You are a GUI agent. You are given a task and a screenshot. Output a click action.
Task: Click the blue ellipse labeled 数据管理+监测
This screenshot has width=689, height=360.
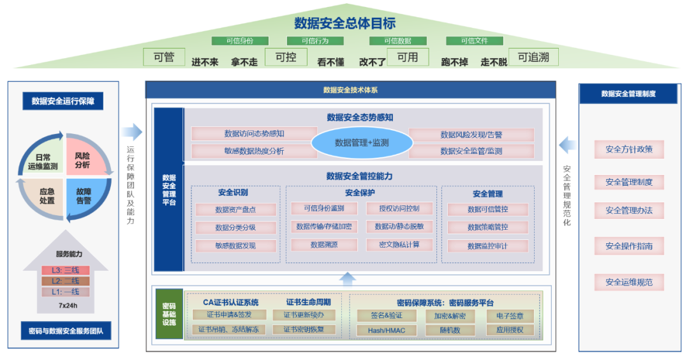362,143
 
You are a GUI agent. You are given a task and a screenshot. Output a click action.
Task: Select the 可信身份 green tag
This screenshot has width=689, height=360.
240,41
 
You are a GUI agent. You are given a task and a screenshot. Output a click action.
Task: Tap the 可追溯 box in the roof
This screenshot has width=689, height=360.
533,57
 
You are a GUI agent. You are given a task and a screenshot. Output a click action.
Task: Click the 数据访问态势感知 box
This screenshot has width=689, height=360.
254,134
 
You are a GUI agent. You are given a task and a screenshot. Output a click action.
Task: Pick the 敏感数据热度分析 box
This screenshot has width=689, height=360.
254,151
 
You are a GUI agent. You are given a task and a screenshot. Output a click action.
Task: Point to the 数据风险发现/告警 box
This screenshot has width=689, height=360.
471,135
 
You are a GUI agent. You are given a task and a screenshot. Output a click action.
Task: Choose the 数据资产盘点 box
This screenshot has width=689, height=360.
236,209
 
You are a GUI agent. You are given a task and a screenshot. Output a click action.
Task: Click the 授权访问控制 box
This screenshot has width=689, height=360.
399,209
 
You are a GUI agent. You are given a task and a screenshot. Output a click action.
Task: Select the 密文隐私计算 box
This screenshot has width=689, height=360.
399,244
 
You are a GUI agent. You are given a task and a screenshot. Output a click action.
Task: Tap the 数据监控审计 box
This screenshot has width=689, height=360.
487,246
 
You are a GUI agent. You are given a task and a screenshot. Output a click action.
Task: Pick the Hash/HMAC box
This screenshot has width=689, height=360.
386,330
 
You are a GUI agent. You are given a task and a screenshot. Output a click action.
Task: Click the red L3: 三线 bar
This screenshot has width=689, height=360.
66,270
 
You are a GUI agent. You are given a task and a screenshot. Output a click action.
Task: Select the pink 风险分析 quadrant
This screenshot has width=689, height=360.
82,160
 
